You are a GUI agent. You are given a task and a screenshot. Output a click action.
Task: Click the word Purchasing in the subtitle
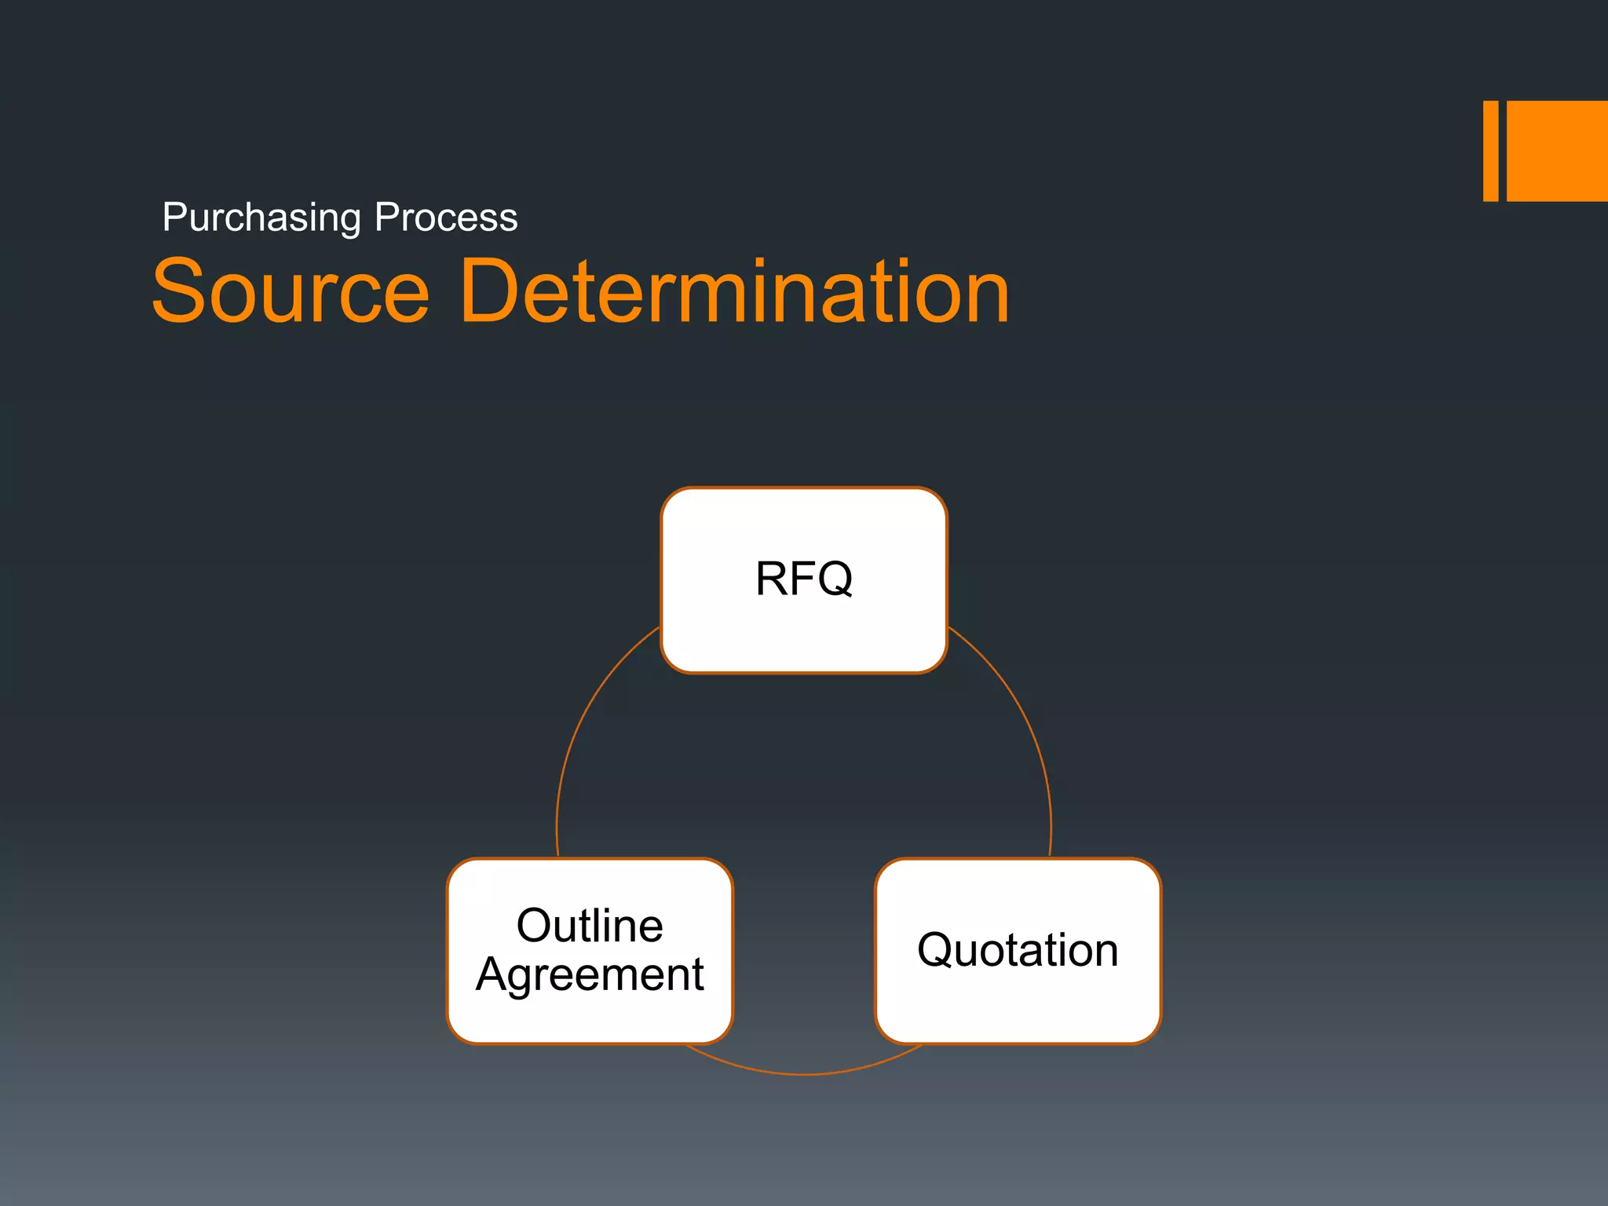pos(261,217)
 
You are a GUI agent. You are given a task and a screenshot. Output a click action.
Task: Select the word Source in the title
pos(291,292)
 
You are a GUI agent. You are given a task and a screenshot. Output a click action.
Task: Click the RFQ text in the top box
pos(804,579)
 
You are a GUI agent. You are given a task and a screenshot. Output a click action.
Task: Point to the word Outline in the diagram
pos(590,926)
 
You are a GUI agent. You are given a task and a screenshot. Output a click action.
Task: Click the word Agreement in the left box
pos(590,976)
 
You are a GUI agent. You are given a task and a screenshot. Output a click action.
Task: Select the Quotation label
pos(1018,950)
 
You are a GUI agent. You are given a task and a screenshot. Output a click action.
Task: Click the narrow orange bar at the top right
pos(1490,151)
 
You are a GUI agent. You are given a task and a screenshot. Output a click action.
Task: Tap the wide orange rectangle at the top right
pos(1557,151)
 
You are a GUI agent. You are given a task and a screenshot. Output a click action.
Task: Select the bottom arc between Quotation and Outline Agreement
pos(804,1073)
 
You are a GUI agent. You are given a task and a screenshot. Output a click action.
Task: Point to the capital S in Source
pos(181,292)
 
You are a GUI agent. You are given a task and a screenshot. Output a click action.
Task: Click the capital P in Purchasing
pos(174,217)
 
